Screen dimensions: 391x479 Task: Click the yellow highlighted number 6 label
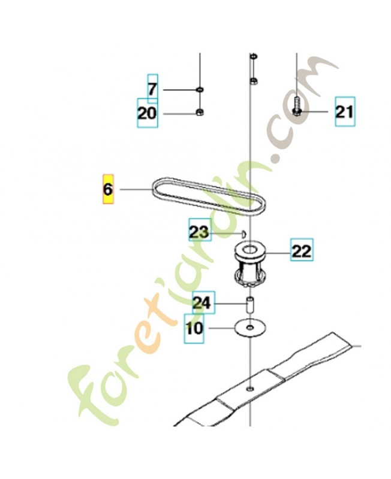[108, 189]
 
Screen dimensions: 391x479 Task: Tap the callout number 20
[147, 113]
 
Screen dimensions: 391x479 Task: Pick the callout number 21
[345, 111]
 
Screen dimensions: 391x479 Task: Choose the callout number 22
[302, 250]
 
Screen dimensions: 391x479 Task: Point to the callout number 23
[200, 232]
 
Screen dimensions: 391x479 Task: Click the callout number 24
[203, 303]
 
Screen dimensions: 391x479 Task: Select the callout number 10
[194, 328]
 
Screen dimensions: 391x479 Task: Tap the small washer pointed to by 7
[200, 89]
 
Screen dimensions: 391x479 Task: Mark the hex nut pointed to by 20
[200, 113]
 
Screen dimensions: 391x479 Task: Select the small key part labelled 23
[243, 234]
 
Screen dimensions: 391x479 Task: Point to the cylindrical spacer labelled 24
[251, 304]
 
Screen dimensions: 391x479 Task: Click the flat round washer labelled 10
[250, 328]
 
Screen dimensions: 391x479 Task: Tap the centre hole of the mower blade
[250, 389]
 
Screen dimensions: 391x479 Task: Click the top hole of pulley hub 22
[250, 250]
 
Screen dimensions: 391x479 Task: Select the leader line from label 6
[136, 189]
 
